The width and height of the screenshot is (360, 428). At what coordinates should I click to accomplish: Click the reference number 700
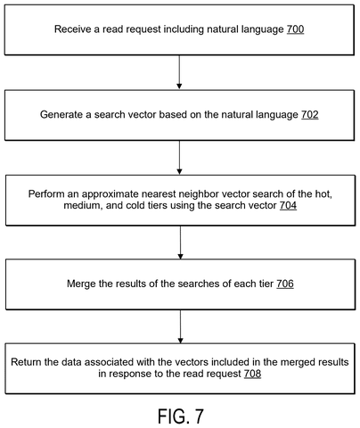pyautogui.click(x=295, y=29)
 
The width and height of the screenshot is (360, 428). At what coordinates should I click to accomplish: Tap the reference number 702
pyautogui.click(x=310, y=114)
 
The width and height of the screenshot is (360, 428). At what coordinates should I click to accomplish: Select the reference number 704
pyautogui.click(x=288, y=205)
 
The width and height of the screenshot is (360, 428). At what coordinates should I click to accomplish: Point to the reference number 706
pyautogui.click(x=285, y=284)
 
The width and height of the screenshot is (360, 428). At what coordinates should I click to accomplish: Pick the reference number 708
pyautogui.click(x=252, y=374)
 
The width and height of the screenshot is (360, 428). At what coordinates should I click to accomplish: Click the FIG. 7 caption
pyautogui.click(x=181, y=416)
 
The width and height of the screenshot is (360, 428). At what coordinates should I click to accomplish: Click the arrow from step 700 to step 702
pyautogui.click(x=179, y=72)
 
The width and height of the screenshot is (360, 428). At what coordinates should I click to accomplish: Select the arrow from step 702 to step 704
pyautogui.click(x=179, y=157)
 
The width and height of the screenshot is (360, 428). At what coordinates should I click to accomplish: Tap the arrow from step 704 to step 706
pyautogui.click(x=180, y=243)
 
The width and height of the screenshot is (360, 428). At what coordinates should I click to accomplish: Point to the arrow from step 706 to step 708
pyautogui.click(x=180, y=326)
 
